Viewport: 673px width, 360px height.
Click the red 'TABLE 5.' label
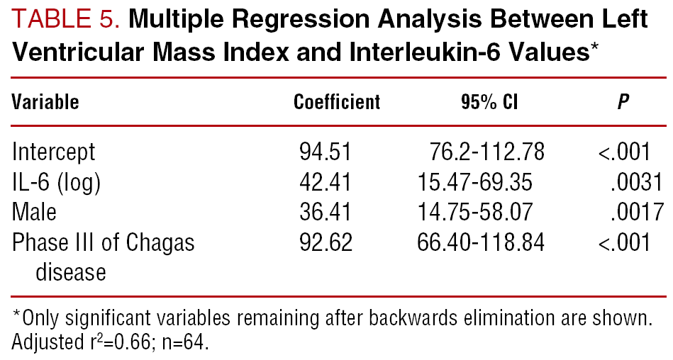click(66, 19)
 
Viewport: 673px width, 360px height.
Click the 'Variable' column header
click(45, 102)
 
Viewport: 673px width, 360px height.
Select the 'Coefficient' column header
click(337, 102)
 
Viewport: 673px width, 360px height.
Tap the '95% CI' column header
click(489, 102)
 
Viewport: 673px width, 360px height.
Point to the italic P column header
click(623, 102)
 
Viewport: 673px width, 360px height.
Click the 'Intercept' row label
click(53, 152)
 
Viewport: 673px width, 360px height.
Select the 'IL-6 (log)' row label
click(56, 183)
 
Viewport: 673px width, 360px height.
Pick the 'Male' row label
click(34, 212)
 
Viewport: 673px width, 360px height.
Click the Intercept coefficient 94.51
click(326, 152)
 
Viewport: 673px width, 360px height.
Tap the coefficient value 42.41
click(326, 182)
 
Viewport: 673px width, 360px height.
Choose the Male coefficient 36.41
click(326, 212)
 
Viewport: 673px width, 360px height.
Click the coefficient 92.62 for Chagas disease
click(326, 242)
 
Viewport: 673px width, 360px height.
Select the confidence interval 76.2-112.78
click(486, 152)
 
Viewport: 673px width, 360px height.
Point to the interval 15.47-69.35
click(474, 182)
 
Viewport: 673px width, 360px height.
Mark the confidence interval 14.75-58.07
click(474, 212)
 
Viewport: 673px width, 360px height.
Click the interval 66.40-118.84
click(481, 242)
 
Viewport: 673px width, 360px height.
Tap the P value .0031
click(637, 182)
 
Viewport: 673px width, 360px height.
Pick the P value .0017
click(637, 212)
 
